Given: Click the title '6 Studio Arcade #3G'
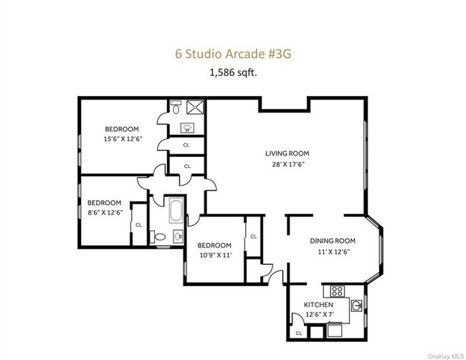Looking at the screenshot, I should point(232,52).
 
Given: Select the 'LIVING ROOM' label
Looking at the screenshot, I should point(287,153).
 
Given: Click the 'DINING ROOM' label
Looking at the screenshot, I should point(333,241).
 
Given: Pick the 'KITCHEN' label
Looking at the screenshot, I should point(320,305).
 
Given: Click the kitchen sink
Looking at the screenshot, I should point(357,306).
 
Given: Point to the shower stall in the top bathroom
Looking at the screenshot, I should point(193,108).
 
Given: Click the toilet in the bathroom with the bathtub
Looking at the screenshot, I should point(161,237).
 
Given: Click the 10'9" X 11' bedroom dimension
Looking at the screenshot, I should point(215,255).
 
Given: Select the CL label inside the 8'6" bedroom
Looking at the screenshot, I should point(138,225).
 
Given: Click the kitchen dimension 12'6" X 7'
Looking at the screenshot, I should point(319,315).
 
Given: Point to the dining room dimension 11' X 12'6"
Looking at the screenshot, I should point(333,251).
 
